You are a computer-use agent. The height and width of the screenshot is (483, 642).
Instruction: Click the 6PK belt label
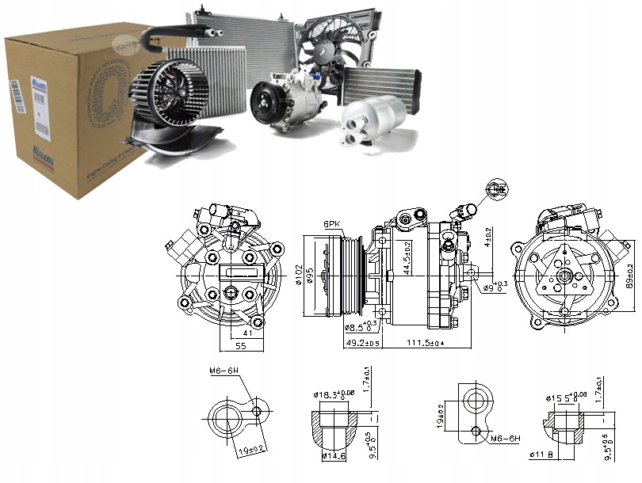331,225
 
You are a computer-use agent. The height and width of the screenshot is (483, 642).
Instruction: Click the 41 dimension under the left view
247,333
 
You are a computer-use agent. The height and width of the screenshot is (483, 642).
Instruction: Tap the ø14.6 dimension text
334,456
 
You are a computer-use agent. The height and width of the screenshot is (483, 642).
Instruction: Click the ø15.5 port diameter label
566,397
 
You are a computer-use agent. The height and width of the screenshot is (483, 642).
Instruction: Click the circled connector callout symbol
498,188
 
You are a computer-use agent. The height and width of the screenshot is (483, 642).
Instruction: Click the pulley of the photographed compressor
266,103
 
